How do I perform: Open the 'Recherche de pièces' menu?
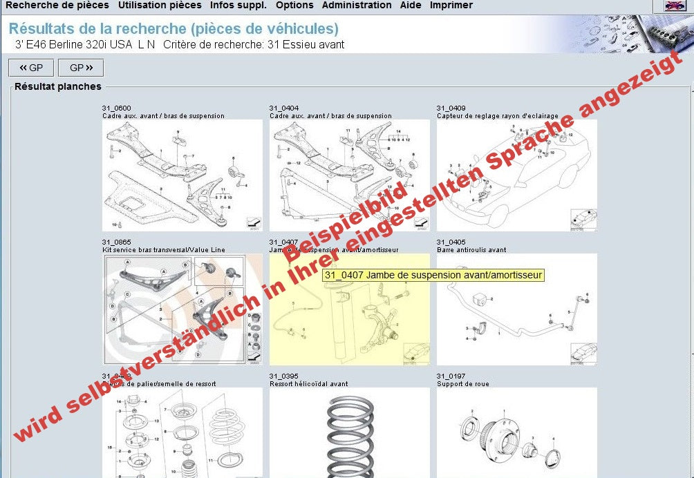(x=57, y=6)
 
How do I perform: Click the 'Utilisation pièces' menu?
(x=160, y=6)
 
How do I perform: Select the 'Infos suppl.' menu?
(x=238, y=6)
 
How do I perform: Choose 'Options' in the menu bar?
(x=294, y=6)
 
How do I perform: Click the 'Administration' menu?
(x=357, y=6)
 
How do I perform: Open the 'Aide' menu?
(x=411, y=6)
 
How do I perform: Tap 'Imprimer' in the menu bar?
(x=451, y=6)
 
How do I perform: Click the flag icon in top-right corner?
(x=674, y=6)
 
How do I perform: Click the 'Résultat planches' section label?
(x=58, y=87)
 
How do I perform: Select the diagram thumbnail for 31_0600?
(x=182, y=175)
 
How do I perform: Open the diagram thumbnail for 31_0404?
(x=349, y=175)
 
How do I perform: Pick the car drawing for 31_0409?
(x=516, y=175)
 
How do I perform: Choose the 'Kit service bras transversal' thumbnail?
(x=182, y=309)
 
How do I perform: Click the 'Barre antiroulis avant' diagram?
(x=516, y=309)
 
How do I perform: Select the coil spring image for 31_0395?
(x=349, y=432)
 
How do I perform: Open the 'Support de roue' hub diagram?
(x=516, y=432)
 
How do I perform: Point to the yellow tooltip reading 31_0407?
(x=433, y=275)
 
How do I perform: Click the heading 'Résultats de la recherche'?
(x=173, y=29)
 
